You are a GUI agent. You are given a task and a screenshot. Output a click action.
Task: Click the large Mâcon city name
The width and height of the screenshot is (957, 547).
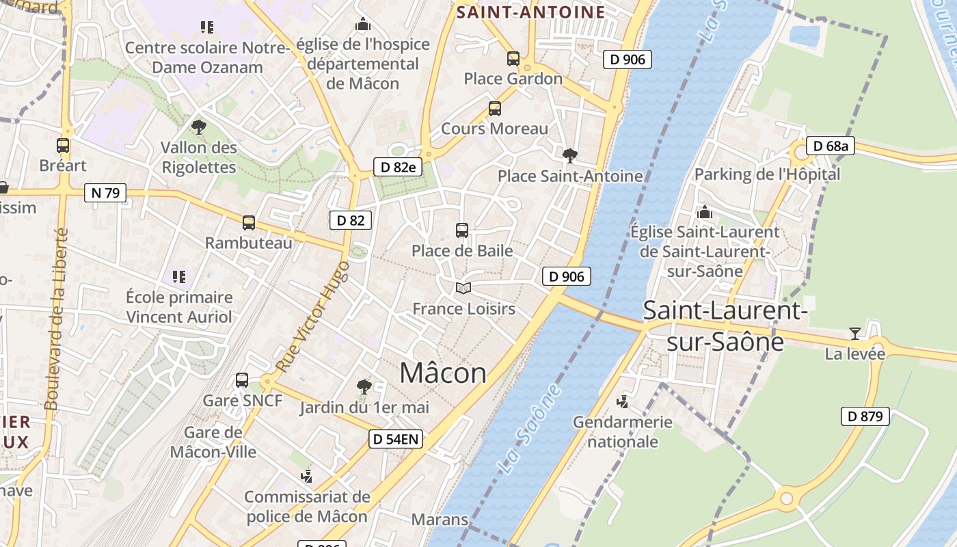[443, 373]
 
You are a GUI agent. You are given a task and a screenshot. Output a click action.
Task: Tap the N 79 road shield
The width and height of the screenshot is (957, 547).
[105, 193]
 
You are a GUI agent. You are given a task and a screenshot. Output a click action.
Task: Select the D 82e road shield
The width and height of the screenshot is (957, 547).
[399, 167]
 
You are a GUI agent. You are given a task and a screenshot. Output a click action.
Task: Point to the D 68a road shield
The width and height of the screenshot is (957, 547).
[831, 146]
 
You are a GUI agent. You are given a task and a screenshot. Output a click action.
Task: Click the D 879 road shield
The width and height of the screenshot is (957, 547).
[865, 416]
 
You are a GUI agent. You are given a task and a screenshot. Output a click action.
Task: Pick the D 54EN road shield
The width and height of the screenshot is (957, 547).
[396, 439]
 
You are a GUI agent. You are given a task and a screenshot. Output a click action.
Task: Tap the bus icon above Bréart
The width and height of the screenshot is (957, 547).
[63, 146]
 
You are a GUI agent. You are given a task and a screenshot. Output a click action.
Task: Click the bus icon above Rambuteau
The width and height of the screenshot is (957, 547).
[249, 223]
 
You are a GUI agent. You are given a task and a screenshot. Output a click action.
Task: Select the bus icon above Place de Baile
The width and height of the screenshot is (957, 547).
[462, 230]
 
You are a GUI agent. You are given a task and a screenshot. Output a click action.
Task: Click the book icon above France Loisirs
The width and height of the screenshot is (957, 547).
[463, 289]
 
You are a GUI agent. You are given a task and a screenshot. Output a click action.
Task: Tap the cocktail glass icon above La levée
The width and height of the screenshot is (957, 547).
[854, 334]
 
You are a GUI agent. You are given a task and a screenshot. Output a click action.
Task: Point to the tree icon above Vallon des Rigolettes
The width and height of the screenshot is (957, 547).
[199, 126]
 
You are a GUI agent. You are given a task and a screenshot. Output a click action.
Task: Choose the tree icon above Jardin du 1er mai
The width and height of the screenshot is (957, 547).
[364, 387]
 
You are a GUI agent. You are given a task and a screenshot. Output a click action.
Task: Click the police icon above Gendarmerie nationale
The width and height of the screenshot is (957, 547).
[623, 401]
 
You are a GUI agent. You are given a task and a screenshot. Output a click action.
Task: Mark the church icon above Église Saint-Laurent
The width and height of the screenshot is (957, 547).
[704, 212]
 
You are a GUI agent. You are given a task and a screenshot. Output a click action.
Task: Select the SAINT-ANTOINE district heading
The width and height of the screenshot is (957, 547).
[530, 12]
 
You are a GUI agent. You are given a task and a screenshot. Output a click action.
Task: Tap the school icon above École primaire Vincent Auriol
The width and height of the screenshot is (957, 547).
[179, 277]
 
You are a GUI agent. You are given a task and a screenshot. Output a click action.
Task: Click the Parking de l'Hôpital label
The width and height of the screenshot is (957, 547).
[767, 174]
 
